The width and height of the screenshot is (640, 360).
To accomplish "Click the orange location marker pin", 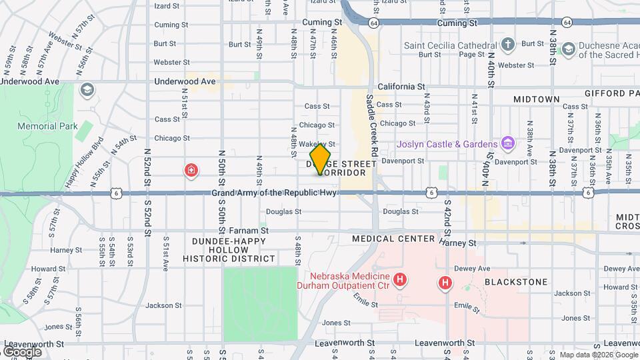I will coord(320,159).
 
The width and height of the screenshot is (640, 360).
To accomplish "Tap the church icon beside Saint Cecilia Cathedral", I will coord(508,45).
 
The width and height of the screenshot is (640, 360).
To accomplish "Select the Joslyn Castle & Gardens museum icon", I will coord(507,143).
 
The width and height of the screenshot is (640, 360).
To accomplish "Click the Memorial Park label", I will coord(47,126).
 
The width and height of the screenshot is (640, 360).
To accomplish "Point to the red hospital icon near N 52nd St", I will coord(191,171).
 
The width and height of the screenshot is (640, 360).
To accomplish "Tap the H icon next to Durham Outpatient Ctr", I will coord(401,279).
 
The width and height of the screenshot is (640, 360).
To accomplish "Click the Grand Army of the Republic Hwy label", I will coord(275,193).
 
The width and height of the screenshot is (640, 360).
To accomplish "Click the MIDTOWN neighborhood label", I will coord(536,99).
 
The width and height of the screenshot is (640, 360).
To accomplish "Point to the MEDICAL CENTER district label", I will coord(393,239).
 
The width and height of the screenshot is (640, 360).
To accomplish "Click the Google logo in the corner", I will coord(22,351).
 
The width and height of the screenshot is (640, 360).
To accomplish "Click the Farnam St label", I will coord(249,230).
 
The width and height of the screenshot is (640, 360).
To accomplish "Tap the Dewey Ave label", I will coord(472,269).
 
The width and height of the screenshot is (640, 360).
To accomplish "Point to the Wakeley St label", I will coord(321,144).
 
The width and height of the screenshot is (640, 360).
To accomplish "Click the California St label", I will coord(401,87).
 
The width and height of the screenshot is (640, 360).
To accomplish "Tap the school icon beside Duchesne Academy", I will coord(567,49).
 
